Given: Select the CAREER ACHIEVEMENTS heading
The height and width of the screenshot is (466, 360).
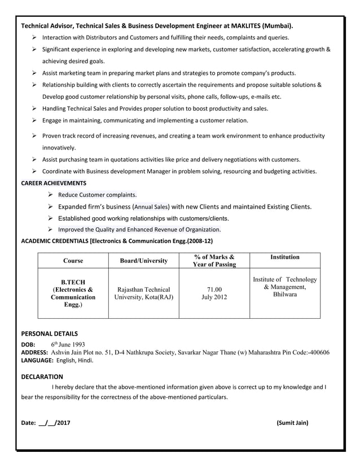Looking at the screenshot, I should pos(54,183).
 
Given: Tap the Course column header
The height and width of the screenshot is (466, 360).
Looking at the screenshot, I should pos(73,261).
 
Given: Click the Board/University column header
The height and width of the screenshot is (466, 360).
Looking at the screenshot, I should pos(144,261).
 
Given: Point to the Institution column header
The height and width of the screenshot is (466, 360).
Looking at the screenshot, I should pos(284,257).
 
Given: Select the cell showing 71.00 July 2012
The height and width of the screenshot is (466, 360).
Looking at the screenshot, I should pos(214,293).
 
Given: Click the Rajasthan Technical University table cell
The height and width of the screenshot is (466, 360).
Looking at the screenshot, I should pos(144,293).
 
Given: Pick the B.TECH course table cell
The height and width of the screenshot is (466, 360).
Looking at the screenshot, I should pos(73,293).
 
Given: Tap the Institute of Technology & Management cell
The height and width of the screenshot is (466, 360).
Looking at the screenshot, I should pos(284,287).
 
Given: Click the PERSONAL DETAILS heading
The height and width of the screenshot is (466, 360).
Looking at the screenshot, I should pos(49,333).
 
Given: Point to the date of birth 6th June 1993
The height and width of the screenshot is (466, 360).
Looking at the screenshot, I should pos(68,344).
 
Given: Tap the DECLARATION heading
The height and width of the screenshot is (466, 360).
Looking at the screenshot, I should pos(42,376).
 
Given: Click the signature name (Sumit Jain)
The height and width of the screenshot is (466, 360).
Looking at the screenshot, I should pos(292,423).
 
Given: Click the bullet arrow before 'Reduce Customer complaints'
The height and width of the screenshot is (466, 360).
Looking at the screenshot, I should pos(50,195).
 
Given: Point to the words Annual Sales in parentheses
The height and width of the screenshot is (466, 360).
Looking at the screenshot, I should pos(151,207).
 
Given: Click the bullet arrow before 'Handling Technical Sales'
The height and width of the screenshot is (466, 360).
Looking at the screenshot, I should pos(34,108).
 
